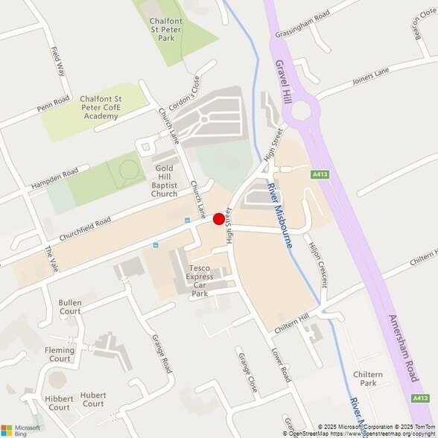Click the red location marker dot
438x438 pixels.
pyautogui.click(x=219, y=219)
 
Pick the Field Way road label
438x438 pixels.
pyautogui.click(x=57, y=61)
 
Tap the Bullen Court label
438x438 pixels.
pyautogui.click(x=70, y=307)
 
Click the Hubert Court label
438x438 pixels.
pyautogui.click(x=93, y=399)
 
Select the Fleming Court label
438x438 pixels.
pyautogui.click(x=59, y=354)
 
